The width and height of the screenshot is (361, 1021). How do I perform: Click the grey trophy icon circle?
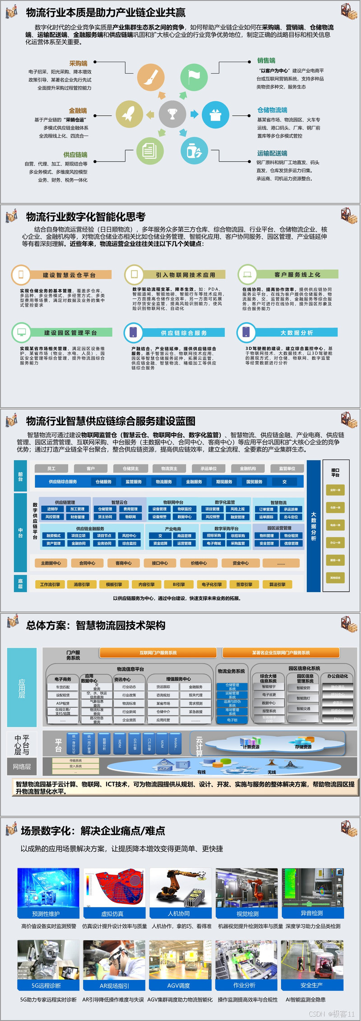(x=172, y=114)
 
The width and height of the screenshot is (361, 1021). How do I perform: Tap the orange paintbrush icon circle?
(x=151, y=77)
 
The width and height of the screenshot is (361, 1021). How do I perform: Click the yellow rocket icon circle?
(x=130, y=114)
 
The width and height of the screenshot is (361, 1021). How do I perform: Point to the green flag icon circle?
(x=194, y=77)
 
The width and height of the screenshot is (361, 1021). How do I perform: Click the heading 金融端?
(x=78, y=111)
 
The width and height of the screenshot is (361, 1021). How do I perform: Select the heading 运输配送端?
(x=272, y=154)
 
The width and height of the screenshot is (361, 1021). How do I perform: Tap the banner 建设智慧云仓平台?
(x=69, y=275)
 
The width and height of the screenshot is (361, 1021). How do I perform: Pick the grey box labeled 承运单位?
(x=208, y=469)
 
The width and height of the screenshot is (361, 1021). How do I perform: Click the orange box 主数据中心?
(x=51, y=563)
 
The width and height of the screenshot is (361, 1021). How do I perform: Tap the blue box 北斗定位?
(x=291, y=517)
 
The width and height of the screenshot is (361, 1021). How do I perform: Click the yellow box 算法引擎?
(x=277, y=584)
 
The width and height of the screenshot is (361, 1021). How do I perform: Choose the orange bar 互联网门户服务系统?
(x=158, y=653)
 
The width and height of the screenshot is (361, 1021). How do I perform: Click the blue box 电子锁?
(x=232, y=720)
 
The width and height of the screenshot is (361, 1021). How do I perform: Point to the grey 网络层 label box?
(x=22, y=767)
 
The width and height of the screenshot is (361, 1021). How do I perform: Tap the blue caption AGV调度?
(x=179, y=986)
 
